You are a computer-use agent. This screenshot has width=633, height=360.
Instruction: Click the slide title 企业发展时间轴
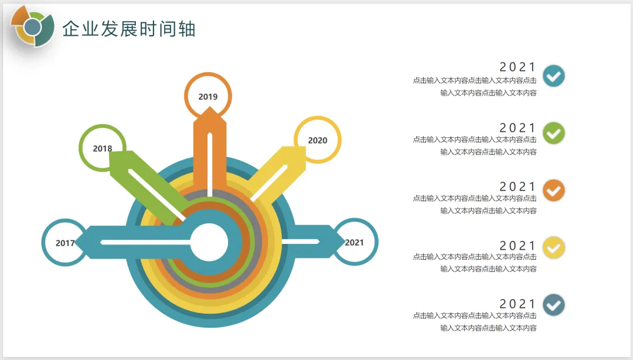(x=129, y=29)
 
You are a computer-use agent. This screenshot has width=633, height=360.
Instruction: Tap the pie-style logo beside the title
(x=33, y=26)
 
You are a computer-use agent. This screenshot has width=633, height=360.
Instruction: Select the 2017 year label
(x=65, y=243)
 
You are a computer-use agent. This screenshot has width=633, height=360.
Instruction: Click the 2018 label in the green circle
(x=103, y=148)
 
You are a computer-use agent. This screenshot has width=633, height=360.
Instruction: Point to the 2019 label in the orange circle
(x=208, y=97)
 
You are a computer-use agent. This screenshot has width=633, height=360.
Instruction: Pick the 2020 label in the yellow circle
(x=318, y=140)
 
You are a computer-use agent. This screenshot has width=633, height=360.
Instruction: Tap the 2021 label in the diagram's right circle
(x=354, y=242)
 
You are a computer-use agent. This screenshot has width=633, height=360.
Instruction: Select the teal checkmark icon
(x=554, y=76)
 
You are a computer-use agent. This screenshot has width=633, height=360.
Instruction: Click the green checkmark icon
(x=554, y=133)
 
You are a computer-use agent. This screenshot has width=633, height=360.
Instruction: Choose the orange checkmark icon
(x=554, y=191)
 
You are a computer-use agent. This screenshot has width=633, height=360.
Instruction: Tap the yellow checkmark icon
(x=554, y=247)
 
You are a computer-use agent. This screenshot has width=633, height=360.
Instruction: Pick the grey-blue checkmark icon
(x=554, y=305)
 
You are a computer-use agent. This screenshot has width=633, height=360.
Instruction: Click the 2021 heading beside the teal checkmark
(x=518, y=67)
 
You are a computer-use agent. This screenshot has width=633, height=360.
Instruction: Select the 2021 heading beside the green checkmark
(x=518, y=128)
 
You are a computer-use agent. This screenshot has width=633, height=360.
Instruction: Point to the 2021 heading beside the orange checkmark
(x=518, y=186)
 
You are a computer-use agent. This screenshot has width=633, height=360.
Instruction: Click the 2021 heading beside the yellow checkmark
(x=518, y=245)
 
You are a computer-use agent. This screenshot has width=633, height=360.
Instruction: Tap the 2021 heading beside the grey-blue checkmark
(x=518, y=304)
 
